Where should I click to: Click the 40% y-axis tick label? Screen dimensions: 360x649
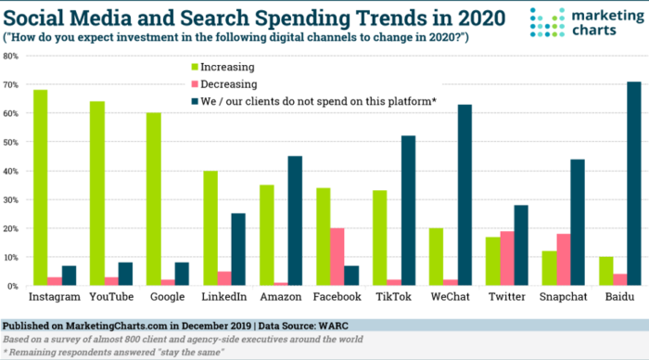[13, 171]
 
